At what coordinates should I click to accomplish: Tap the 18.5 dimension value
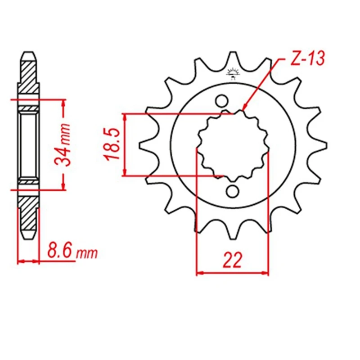[x=112, y=144]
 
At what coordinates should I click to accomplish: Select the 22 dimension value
[x=233, y=261]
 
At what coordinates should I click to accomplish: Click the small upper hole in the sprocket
[x=222, y=100]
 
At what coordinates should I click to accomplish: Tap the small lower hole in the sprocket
[x=233, y=191]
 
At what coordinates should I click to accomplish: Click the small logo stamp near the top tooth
[x=233, y=73]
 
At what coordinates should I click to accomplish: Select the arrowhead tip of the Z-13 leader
[x=243, y=111]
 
